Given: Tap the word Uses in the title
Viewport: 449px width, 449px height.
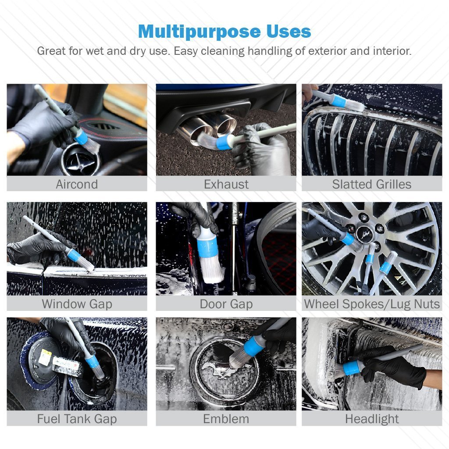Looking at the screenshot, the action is (289, 31).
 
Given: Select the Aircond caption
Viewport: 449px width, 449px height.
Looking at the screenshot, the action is (77, 184).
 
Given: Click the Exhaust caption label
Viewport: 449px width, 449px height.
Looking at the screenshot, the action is (226, 184).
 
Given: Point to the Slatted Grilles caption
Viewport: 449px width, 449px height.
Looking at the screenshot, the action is (372, 184).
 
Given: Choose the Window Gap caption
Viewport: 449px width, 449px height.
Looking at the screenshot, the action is (77, 304).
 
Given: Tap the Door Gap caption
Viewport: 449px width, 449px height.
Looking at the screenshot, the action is (226, 304).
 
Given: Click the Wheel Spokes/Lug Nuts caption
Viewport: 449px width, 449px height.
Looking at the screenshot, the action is (372, 304).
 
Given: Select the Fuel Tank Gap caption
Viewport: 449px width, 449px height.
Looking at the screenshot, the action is (77, 419).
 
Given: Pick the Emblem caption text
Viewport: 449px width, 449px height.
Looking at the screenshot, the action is (226, 419).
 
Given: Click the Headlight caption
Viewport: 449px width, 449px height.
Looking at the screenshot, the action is (372, 419).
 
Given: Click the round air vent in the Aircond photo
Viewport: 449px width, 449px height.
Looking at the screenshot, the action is (81, 159).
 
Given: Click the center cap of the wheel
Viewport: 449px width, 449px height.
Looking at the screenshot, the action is (364, 232).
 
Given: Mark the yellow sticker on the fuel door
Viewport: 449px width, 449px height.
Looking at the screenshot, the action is (45, 357).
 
